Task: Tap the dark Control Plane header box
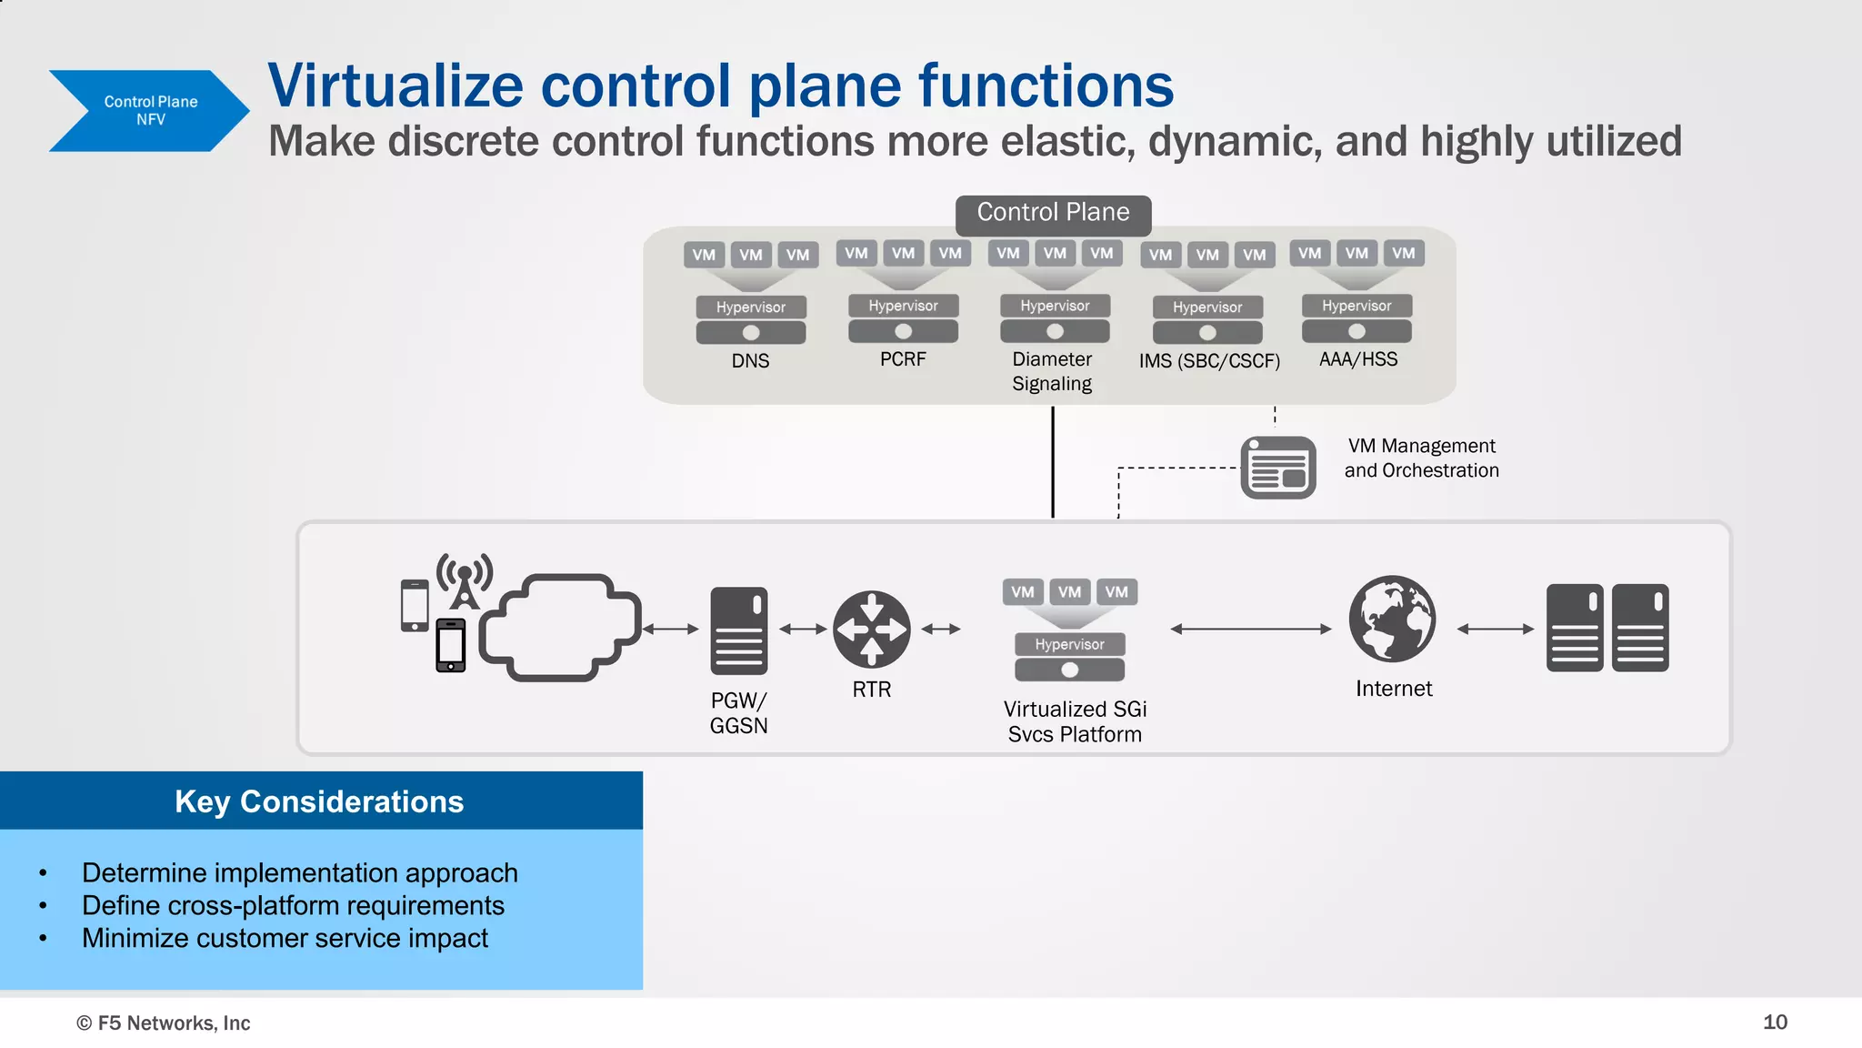[1053, 213]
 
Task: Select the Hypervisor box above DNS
[750, 307]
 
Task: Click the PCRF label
[903, 359]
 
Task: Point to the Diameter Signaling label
[1052, 371]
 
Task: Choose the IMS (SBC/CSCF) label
[1208, 361]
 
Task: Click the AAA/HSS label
[1358, 359]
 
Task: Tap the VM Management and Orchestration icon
[1277, 468]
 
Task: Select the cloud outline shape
[560, 627]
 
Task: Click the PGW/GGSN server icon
[738, 630]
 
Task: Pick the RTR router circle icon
[871, 629]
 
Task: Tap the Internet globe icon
[1392, 619]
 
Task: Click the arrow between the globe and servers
[1495, 629]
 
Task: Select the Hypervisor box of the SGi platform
[1069, 644]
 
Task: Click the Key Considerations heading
[319, 801]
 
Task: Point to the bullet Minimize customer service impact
[285, 938]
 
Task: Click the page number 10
[1774, 1022]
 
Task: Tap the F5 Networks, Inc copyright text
[164, 1023]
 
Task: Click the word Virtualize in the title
[395, 86]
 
